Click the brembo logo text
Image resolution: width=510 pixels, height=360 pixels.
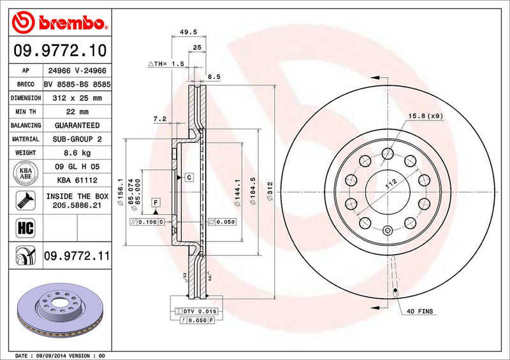[x=67, y=23]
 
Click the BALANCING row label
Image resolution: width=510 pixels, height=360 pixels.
[x=25, y=126]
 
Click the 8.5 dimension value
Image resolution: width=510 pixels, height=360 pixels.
[x=214, y=76]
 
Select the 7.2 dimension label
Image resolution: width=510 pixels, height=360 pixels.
[x=160, y=119]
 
